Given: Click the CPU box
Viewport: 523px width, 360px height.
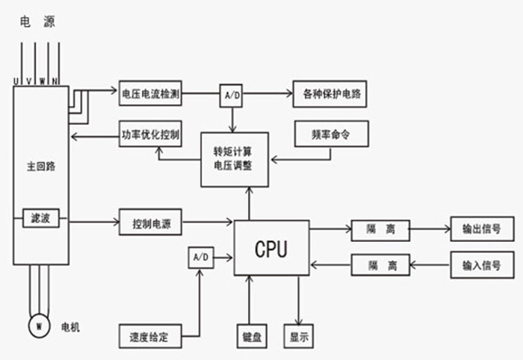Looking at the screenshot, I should pos(271,248).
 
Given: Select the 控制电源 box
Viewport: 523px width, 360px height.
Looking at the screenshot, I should pos(151,223).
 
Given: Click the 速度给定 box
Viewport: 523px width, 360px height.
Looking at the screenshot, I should pos(149,336).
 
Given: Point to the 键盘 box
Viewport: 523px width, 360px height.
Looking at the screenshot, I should pos(251,336).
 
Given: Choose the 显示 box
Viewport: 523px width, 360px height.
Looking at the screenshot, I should pos(297,336).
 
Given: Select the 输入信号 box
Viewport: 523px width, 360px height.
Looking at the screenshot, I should pos(482,264).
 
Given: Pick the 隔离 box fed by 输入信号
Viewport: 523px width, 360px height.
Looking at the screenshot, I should pos(381,264).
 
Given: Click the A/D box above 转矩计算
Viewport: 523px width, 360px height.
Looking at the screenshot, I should pos(231,96).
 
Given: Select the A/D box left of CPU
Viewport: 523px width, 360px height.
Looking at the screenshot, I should pos(200,257).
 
